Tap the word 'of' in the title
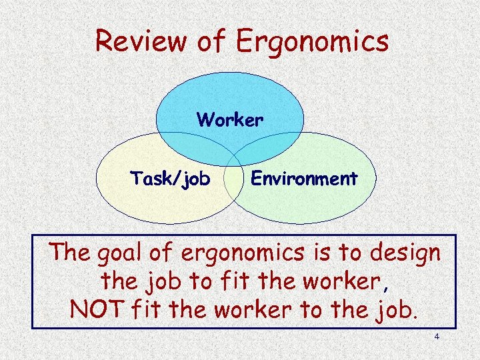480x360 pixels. tap(213, 41)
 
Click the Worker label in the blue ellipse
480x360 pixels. tap(230, 120)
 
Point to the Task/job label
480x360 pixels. tap(169, 179)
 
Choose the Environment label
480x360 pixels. tap(303, 179)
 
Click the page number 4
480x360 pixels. tap(437, 337)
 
